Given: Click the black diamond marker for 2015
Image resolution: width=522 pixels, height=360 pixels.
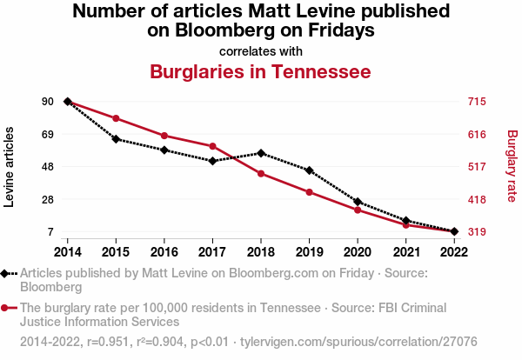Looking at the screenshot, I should [x=116, y=139].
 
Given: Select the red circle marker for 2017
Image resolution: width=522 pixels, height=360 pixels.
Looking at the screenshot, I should [x=212, y=146].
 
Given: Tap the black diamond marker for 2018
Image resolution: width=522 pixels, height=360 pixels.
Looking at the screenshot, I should [x=261, y=153].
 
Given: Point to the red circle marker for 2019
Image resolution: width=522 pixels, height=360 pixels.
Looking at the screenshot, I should [x=310, y=192].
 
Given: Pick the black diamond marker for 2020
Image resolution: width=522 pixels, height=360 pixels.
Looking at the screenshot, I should [x=358, y=202].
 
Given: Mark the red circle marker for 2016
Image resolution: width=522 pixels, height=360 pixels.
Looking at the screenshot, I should [x=164, y=136].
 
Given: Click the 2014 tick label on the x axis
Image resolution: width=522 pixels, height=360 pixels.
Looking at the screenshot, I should [x=67, y=251].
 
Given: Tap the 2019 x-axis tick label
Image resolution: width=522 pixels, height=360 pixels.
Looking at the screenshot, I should [x=310, y=251].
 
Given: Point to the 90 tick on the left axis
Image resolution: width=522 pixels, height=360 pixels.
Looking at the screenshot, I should [x=48, y=102].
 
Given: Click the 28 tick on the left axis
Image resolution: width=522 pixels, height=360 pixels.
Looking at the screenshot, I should [x=48, y=199].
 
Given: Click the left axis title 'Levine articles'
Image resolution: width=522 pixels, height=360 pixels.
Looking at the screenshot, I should [x=10, y=167].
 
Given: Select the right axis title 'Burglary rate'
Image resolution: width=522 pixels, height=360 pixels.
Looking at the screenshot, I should [x=512, y=167].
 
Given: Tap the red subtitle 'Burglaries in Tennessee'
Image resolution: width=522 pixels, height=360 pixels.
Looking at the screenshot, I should [x=261, y=70].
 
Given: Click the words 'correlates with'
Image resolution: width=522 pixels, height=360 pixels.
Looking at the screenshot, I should [x=261, y=50].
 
